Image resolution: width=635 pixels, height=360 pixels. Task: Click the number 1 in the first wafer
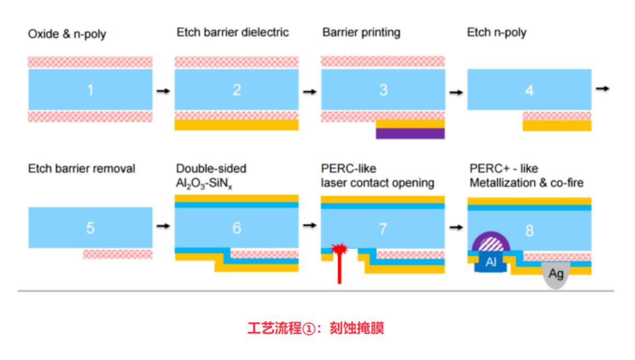[90, 90]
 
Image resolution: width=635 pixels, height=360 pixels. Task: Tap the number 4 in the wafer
[529, 90]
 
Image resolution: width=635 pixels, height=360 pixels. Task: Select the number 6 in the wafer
[237, 227]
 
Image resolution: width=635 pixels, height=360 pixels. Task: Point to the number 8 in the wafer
[529, 230]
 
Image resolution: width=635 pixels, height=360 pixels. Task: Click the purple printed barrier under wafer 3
[410, 133]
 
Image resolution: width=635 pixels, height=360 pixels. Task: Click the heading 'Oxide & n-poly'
[67, 34]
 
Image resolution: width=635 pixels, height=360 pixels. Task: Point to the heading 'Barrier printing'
[361, 32]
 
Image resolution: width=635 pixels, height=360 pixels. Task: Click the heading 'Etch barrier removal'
[81, 169]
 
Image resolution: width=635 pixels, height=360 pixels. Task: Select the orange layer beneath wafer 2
[237, 125]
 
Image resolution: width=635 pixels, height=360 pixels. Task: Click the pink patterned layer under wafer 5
[118, 254]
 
